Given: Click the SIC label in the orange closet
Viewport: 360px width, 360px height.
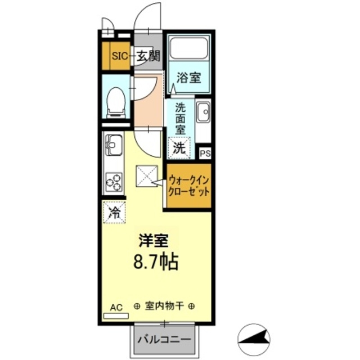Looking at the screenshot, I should point(120,56).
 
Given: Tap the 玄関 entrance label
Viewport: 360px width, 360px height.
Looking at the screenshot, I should point(148,56).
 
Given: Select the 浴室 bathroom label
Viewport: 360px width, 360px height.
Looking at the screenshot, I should point(188,78).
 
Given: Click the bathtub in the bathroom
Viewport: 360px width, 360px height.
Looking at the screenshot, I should point(189,48).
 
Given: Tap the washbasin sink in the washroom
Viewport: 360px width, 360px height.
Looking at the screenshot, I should point(202,112).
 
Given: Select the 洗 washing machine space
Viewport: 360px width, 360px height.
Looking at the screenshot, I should point(179,148).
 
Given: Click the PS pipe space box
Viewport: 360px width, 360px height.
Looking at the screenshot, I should point(205,152).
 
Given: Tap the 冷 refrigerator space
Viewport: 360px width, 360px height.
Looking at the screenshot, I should point(114,213).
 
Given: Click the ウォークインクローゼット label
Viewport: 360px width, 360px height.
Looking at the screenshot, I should point(189,186).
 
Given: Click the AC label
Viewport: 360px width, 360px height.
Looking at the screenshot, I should point(116,307).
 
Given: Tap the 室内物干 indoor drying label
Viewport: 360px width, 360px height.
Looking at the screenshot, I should point(165,307).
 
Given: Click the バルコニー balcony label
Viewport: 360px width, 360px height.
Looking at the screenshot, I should point(165,340).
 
